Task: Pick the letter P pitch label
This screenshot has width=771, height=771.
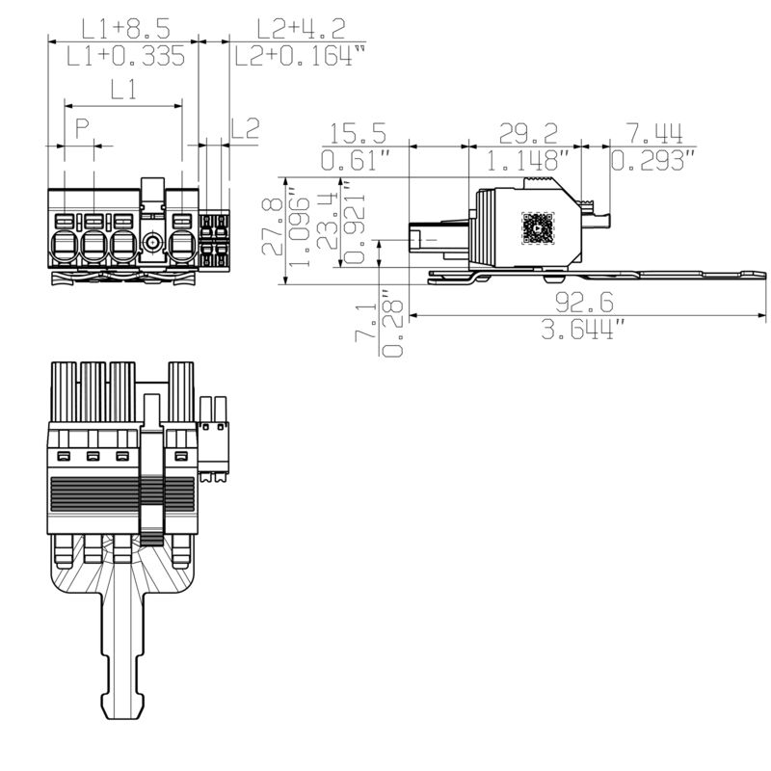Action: tap(83, 128)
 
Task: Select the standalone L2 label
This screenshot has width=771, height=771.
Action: tap(246, 128)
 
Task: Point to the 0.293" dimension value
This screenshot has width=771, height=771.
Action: tap(655, 160)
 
